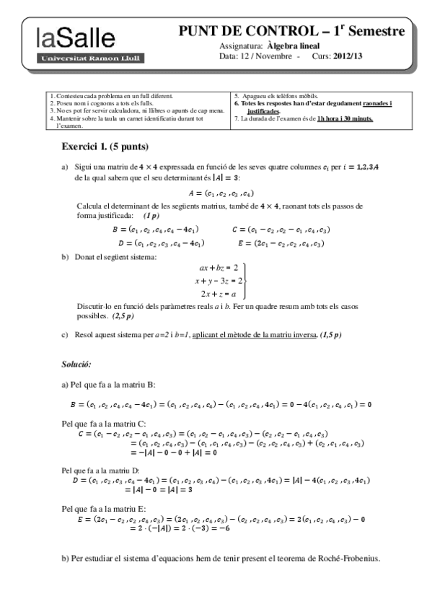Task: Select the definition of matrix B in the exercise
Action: click(157, 229)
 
